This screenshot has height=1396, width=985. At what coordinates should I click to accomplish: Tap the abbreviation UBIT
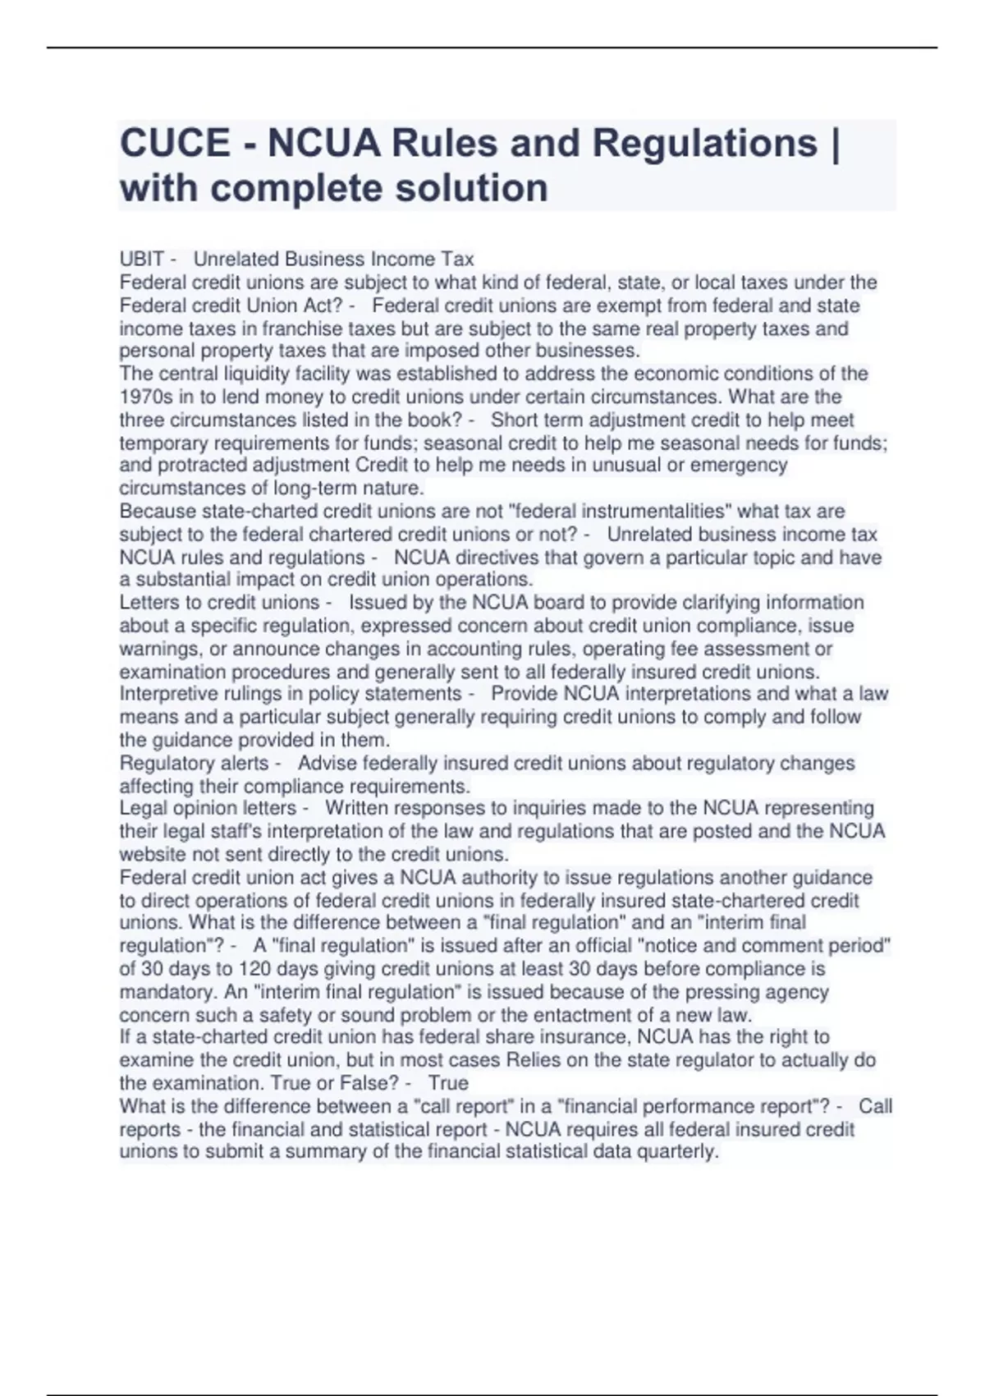142,259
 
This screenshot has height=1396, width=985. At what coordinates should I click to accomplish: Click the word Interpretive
168,694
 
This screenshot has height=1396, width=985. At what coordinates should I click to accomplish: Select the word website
153,854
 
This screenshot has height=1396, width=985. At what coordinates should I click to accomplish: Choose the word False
371,1083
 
